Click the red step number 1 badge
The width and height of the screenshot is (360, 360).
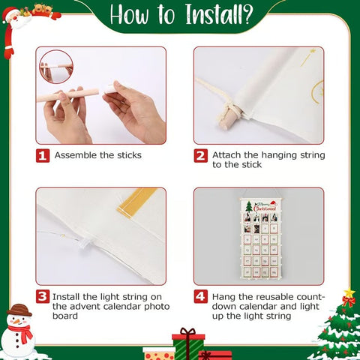click(43, 155)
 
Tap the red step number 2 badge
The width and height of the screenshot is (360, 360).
click(200, 155)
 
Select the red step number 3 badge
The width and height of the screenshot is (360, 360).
click(43, 296)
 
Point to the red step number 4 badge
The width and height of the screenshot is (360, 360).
click(200, 296)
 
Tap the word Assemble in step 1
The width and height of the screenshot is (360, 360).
click(79, 155)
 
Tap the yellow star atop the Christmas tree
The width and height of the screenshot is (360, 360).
click(349, 293)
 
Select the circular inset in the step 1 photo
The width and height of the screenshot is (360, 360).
click(55, 67)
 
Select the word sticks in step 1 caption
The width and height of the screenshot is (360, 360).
click(127, 155)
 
